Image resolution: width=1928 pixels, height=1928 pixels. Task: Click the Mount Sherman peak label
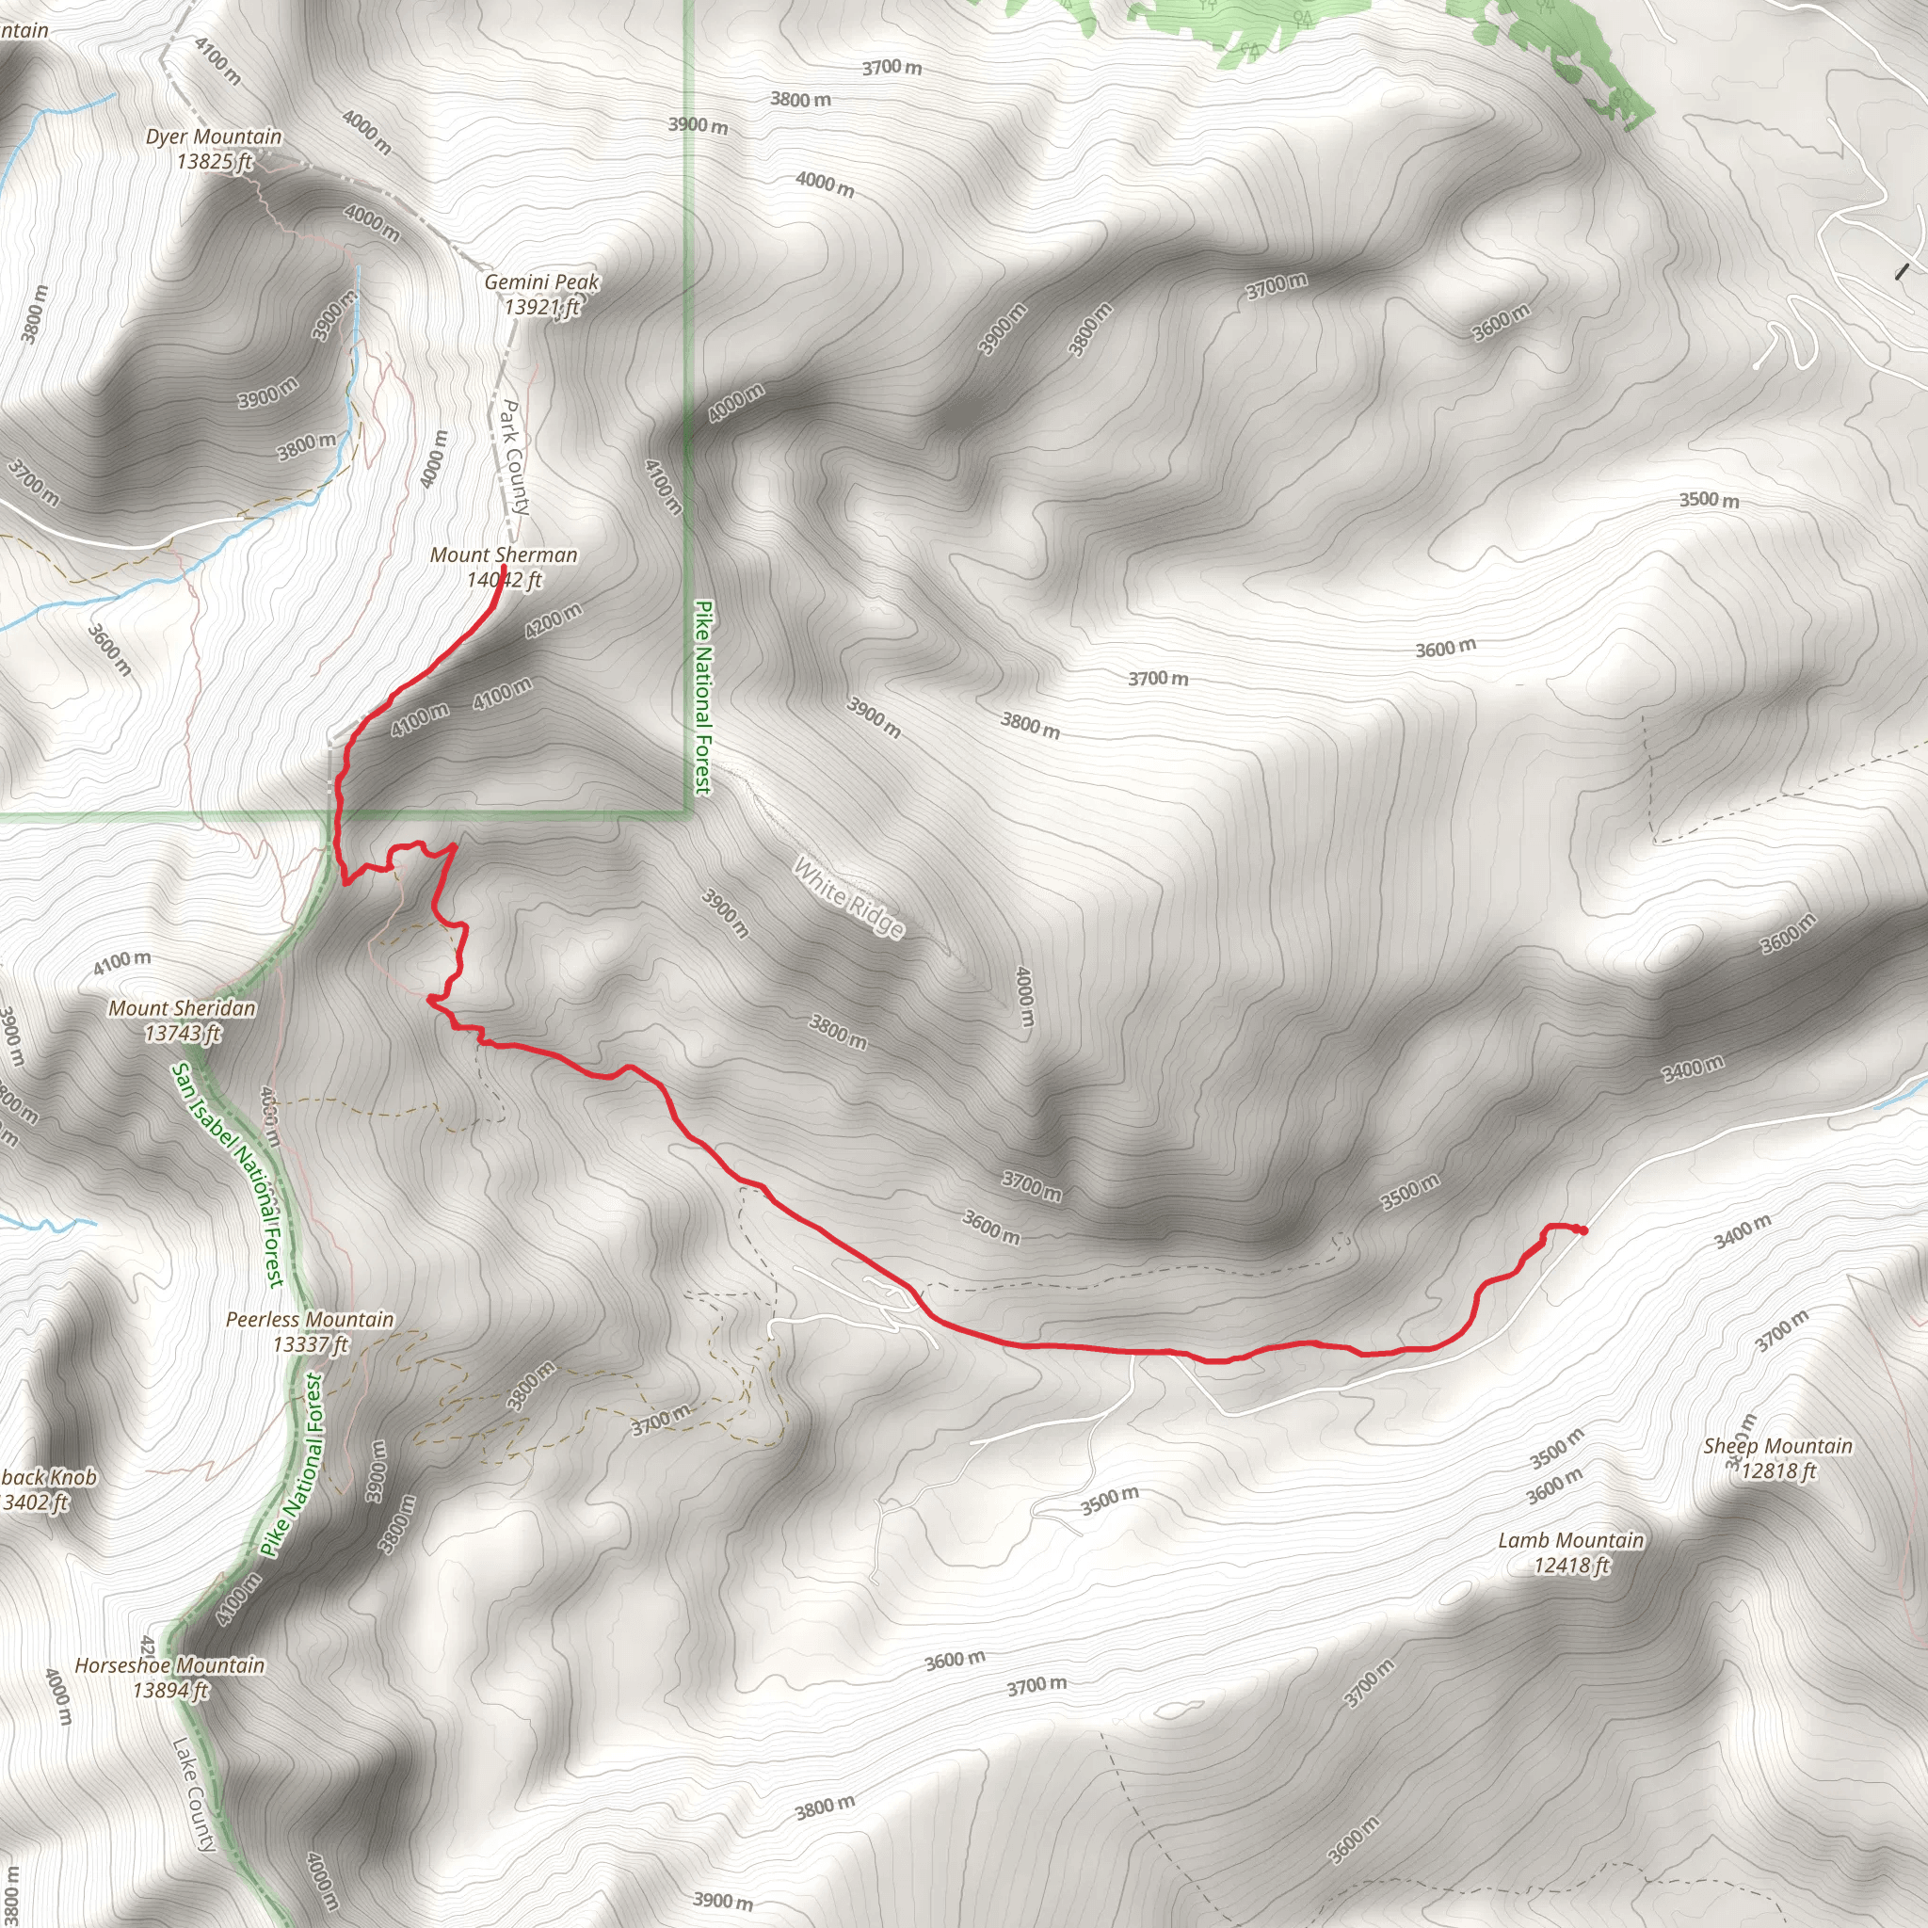tap(503, 554)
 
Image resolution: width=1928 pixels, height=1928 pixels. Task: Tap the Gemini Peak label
tap(541, 282)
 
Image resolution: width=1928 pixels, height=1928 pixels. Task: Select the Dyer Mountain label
tap(214, 137)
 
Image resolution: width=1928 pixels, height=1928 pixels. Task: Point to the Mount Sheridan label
tap(182, 1009)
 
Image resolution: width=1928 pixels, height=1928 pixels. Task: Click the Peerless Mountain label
tap(310, 1319)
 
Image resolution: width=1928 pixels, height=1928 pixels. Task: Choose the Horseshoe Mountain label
tap(169, 1665)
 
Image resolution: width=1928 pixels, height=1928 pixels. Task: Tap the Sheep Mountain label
tap(1777, 1446)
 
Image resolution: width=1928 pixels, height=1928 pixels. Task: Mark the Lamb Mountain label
tap(1571, 1541)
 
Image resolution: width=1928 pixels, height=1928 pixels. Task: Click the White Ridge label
tap(849, 897)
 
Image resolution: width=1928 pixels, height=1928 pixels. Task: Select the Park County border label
tap(513, 457)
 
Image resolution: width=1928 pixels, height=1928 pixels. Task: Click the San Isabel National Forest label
tap(229, 1175)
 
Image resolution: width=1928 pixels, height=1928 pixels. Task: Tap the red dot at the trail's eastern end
tap(1583, 1230)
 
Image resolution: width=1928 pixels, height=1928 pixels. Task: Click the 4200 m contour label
tap(553, 621)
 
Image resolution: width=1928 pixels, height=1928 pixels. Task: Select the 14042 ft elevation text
tap(504, 580)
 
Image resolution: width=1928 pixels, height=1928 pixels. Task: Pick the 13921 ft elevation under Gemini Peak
tap(541, 307)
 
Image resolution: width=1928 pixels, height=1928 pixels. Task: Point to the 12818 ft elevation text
tap(1778, 1471)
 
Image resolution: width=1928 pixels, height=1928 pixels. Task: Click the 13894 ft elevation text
tap(170, 1691)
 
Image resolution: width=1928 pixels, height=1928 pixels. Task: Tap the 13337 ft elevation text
tap(311, 1344)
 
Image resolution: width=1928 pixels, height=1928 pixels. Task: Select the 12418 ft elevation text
tap(1572, 1566)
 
